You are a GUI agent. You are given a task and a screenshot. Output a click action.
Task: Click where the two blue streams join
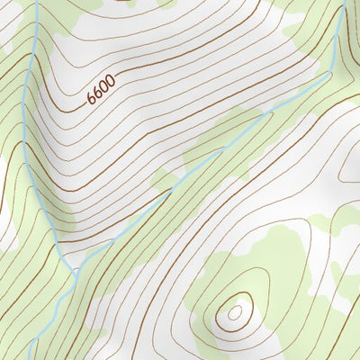(75, 267)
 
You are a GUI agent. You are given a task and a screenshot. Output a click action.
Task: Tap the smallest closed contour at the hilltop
(235, 312)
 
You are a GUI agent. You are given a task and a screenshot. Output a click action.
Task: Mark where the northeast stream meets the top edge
(344, 2)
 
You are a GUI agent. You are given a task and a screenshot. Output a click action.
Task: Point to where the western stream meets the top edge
(37, 2)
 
